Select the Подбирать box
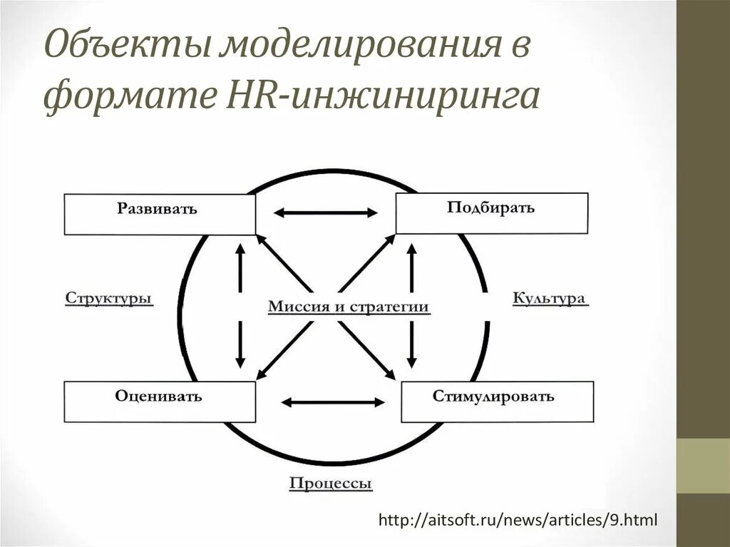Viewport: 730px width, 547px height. (492, 213)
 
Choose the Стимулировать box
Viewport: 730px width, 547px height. (497, 401)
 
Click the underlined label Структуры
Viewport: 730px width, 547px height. (109, 298)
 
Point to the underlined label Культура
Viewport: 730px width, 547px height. (550, 298)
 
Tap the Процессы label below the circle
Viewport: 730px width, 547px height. (331, 484)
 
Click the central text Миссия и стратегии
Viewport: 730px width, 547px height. (349, 307)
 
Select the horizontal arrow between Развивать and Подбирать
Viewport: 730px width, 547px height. (326, 213)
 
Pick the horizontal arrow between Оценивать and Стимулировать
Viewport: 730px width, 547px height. (333, 402)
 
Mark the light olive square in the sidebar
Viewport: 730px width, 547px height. (703, 466)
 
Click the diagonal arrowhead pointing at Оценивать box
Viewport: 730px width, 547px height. (261, 374)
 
